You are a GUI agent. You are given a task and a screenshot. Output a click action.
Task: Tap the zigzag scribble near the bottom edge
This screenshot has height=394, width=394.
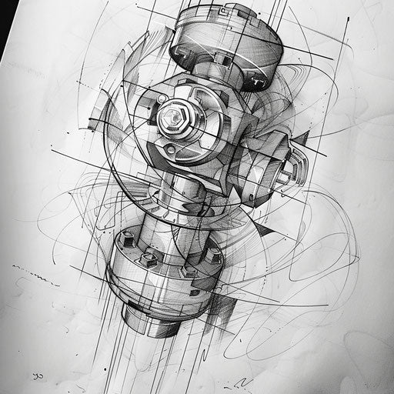(245, 382)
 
